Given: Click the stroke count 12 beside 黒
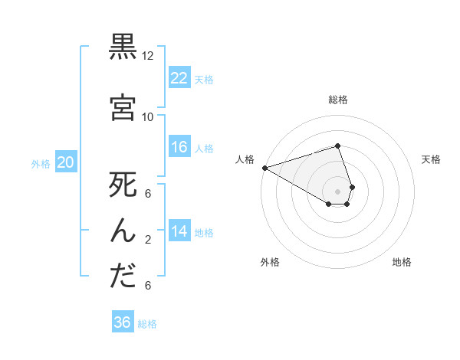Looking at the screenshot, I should coord(148,56).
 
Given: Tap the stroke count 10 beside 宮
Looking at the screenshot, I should coord(148,116).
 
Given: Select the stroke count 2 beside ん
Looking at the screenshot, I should coord(148,240).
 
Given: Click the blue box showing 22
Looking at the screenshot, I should coord(179,77).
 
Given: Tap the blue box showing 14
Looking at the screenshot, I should coord(179,231).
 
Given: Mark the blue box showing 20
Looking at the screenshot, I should coord(66,162).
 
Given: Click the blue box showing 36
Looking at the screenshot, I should coord(123,322).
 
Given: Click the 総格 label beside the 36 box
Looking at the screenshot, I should coord(147,324).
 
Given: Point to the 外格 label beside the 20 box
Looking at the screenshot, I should coord(41,163).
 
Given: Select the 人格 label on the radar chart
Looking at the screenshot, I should coord(245,159).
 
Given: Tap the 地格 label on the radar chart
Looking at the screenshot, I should coord(402,262).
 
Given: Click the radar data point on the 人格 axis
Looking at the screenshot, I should coord(264,168).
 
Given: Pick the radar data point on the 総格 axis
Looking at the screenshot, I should coord(337,146).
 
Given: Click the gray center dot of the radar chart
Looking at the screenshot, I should coord(337,191).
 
